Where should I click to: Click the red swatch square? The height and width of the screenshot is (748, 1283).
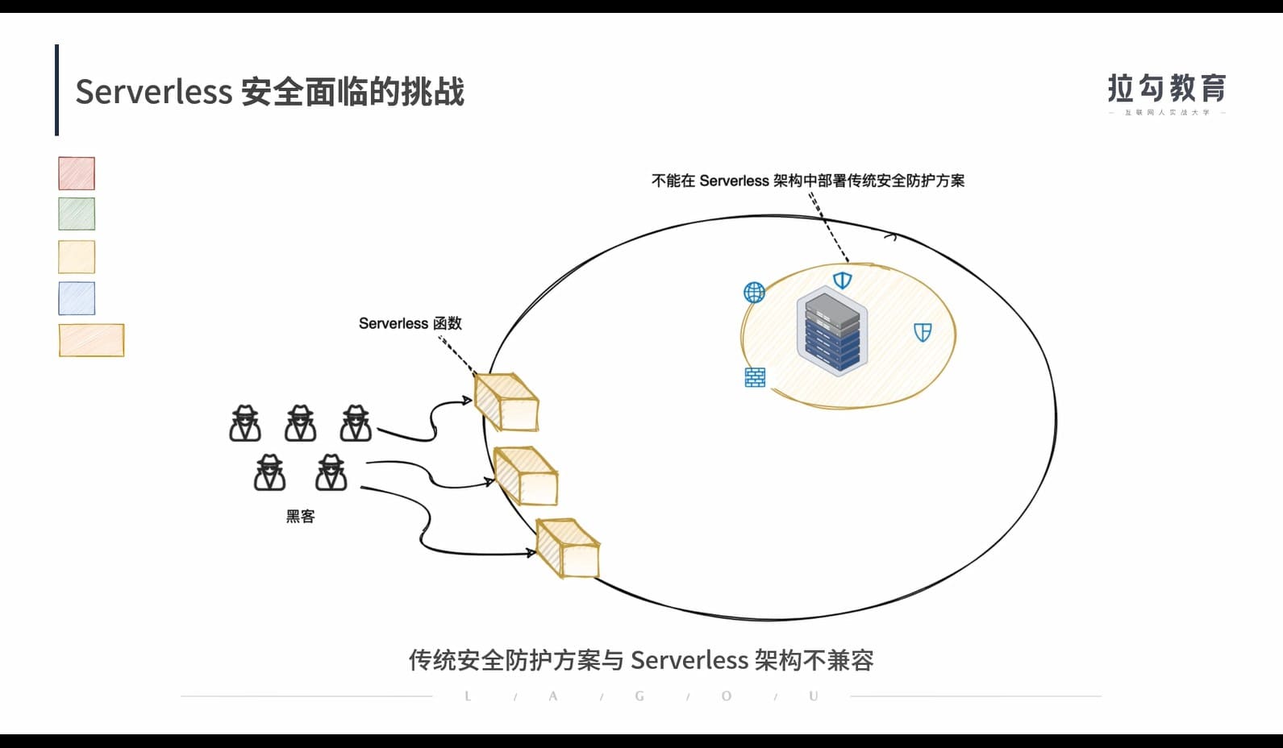pos(77,173)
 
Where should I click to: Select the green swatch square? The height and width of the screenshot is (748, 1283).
pos(77,214)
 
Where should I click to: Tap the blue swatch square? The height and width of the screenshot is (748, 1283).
pos(77,298)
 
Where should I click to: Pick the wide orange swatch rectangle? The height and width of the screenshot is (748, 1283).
pos(91,340)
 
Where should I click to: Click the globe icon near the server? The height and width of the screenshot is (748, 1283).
pos(754,292)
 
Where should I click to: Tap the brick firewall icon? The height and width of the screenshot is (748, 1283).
pos(755,377)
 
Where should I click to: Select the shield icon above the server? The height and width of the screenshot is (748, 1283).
pos(842,280)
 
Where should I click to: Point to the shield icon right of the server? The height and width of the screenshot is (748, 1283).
pos(923,332)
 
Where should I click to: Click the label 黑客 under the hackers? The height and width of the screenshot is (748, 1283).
pos(300,517)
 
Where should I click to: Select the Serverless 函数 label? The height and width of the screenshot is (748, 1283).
pos(410,323)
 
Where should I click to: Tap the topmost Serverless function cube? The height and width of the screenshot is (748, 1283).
pos(506,401)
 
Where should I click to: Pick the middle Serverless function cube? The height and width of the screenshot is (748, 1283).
pos(526,476)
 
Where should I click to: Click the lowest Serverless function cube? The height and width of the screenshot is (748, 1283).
pos(568,548)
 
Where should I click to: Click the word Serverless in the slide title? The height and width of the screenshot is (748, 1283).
pos(153,92)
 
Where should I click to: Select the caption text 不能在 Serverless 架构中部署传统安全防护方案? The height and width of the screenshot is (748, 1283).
pos(807,181)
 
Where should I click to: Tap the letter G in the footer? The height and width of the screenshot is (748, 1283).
pos(639,696)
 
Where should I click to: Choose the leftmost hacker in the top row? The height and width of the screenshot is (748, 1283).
pos(245,424)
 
